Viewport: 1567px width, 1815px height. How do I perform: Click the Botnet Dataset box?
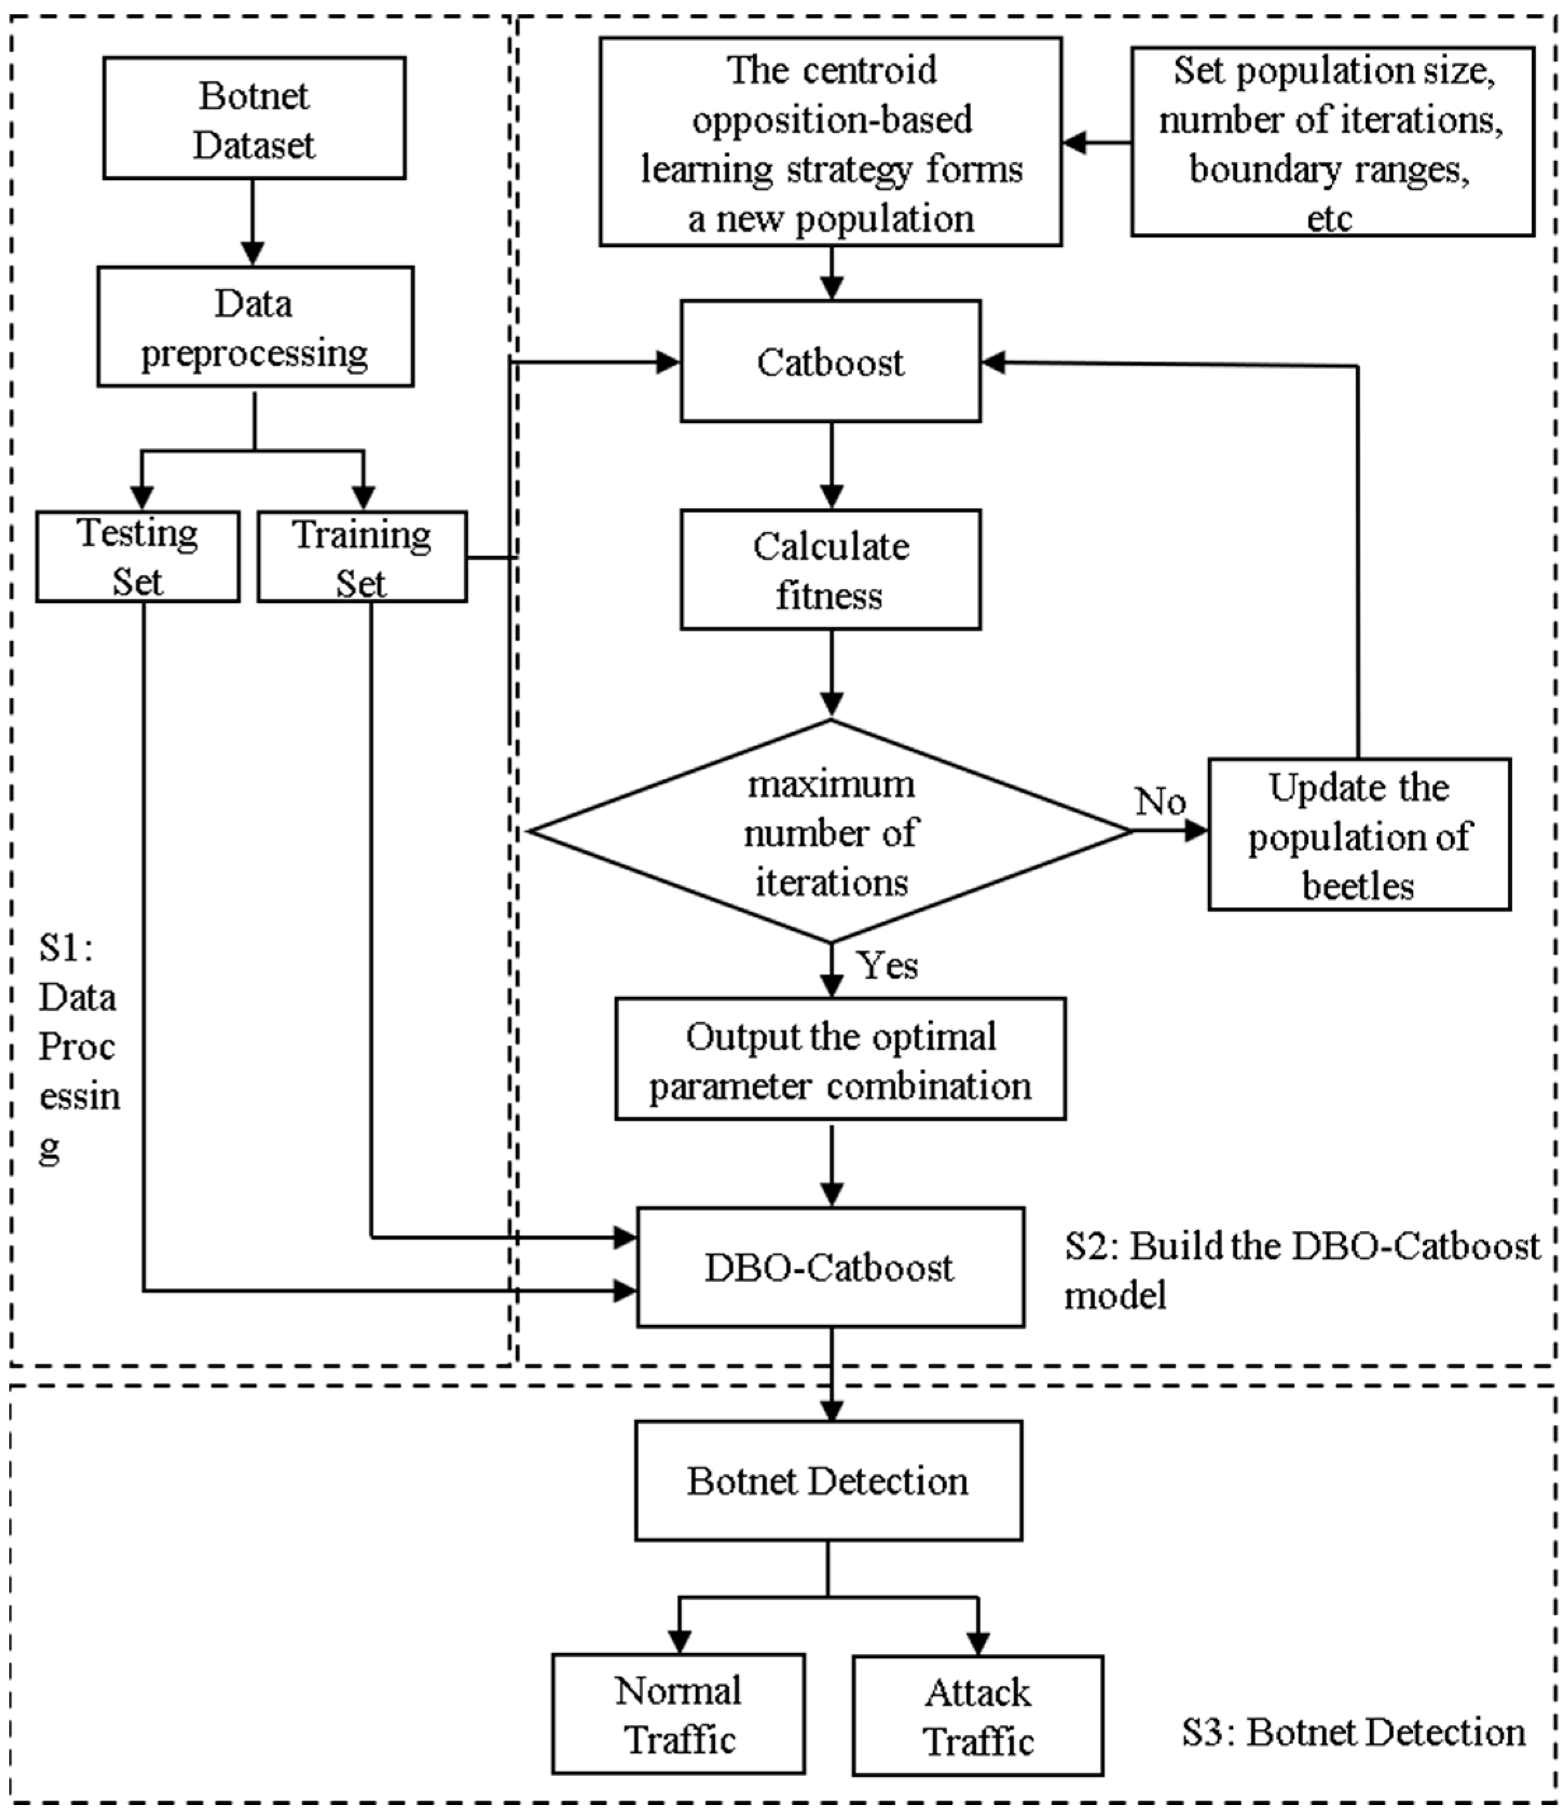pos(254,118)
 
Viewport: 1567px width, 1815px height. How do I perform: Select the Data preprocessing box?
pos(255,327)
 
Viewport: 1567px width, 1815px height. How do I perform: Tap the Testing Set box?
pos(137,556)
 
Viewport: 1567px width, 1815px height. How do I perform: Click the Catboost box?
pos(830,362)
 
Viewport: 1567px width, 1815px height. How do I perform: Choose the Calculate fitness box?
pos(830,569)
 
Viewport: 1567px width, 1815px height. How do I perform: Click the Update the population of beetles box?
pos(1359,835)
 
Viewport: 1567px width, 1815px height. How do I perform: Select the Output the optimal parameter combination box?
pos(840,1059)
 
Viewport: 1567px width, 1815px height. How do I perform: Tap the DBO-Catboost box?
pos(830,1267)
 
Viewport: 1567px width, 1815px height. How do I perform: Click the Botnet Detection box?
pos(828,1481)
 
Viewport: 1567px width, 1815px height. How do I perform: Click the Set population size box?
pos(1331,142)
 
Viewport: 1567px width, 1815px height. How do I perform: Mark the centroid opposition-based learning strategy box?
pos(830,142)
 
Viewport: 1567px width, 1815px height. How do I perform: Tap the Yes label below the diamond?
pos(887,965)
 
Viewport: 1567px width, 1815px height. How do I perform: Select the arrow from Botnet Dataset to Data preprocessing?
pos(253,224)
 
